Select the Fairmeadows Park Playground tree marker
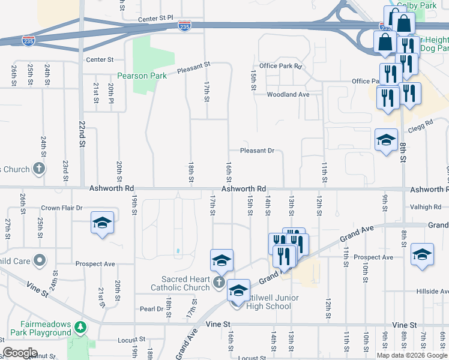80,328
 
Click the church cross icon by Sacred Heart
220,282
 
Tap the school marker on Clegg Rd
386,141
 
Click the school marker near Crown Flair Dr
102,224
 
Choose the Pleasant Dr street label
257,151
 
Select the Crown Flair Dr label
61,209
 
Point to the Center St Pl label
155,19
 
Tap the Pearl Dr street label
151,309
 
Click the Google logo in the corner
20,353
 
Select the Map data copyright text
412,355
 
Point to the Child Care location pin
40,260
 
